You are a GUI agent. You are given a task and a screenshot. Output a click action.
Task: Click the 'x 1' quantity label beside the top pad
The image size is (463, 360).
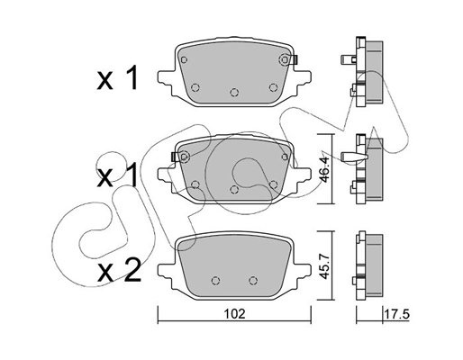pos(117,80)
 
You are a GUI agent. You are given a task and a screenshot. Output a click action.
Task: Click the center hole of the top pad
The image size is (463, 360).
pos(234,92)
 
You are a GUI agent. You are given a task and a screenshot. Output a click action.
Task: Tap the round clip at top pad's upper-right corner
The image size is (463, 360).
pos(286,60)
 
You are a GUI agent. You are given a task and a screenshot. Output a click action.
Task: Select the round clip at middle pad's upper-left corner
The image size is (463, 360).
pos(184,157)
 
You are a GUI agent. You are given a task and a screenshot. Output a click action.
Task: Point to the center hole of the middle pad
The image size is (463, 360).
pos(234,189)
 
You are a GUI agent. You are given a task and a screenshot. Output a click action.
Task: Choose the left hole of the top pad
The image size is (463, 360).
pos(195,86)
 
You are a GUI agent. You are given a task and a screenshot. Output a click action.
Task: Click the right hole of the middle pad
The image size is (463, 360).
pos(272,184)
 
